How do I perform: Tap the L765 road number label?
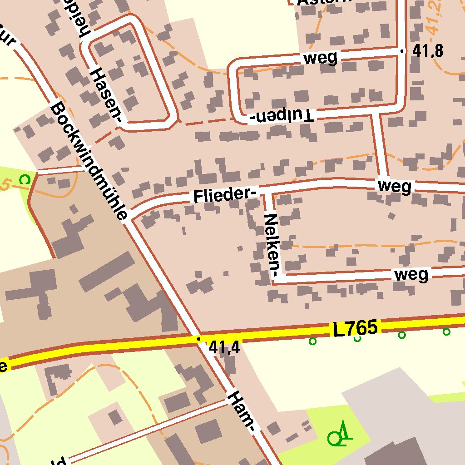[355, 328]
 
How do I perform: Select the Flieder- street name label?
[223, 195]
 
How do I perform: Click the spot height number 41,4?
[224, 348]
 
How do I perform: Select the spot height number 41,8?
[427, 51]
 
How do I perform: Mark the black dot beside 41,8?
[401, 51]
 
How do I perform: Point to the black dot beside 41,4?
[198, 338]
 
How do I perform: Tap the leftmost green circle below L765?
[312, 341]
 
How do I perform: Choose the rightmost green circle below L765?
[446, 331]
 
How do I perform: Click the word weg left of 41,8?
[321, 58]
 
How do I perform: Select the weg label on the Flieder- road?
[394, 186]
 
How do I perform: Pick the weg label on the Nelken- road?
[411, 274]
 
